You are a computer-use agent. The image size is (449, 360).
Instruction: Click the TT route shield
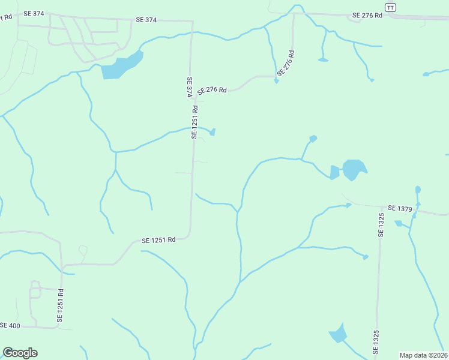[391, 7]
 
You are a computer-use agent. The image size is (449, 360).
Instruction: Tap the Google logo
[20, 353]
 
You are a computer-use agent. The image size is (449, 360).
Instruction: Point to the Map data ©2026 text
[423, 355]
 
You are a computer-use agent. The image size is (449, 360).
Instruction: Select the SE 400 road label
[10, 325]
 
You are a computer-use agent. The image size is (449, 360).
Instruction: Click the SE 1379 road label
[400, 208]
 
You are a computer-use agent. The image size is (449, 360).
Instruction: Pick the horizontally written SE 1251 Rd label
[158, 240]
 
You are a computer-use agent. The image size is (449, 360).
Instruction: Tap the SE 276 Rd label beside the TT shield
[367, 15]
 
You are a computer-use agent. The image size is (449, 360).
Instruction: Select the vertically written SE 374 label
[189, 87]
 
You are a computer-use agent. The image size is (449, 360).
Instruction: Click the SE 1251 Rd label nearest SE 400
[61, 306]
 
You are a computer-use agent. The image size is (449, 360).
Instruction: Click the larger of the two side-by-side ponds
[354, 169]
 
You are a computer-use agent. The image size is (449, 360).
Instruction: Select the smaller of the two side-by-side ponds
[334, 172]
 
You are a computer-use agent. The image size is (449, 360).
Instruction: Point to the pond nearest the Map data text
[339, 334]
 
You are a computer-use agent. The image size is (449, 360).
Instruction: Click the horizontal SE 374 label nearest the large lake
[146, 20]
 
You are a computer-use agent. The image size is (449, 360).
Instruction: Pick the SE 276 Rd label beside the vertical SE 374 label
[212, 90]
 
